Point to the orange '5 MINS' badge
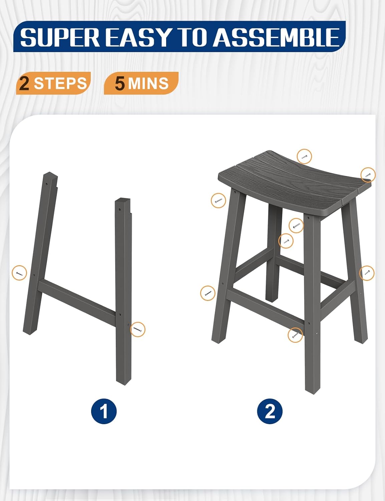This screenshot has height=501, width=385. coord(141,83)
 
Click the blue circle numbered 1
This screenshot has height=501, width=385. coord(104,411)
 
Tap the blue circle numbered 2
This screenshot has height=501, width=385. coord(270,411)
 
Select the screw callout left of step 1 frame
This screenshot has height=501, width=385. coord(19,273)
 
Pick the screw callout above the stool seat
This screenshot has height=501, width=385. coord(304,156)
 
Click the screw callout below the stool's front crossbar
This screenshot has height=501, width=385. coord(295,335)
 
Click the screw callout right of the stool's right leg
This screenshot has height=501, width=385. coord(367,273)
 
